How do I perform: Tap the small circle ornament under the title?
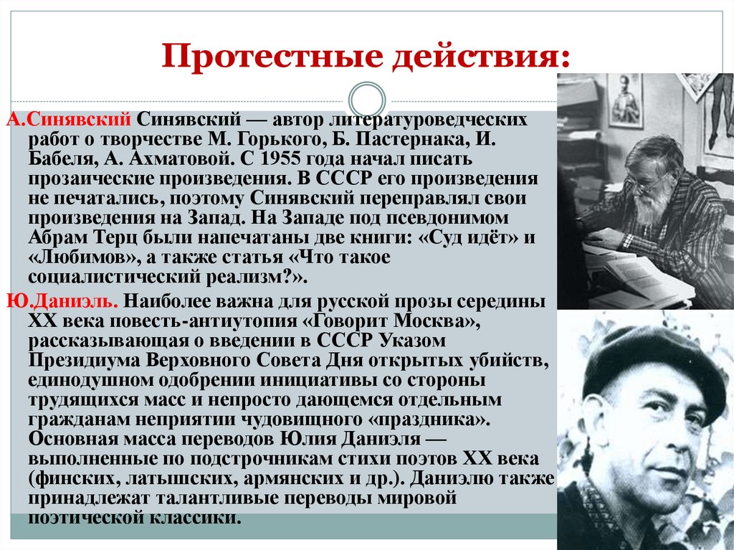(x=366, y=100)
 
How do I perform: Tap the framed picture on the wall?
(x=625, y=100)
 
